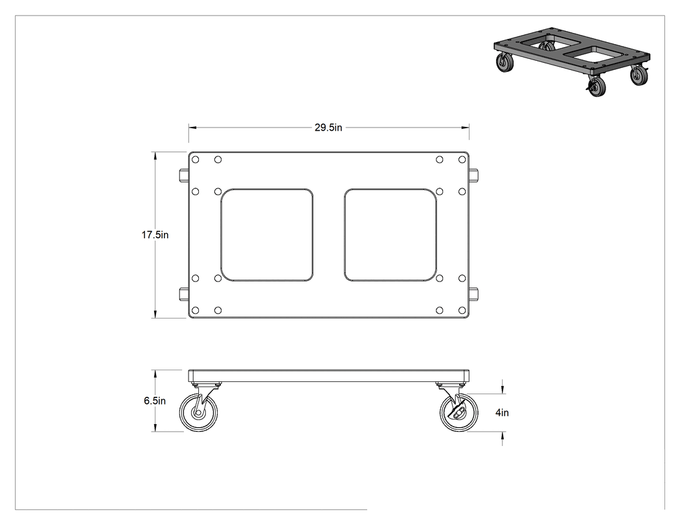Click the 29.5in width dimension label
[328, 128]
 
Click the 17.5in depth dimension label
[155, 235]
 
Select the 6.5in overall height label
[155, 401]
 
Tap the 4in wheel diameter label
[502, 413]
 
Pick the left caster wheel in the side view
[199, 412]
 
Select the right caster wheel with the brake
[459, 412]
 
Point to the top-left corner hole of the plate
[195, 159]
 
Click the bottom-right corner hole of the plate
[462, 311]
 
